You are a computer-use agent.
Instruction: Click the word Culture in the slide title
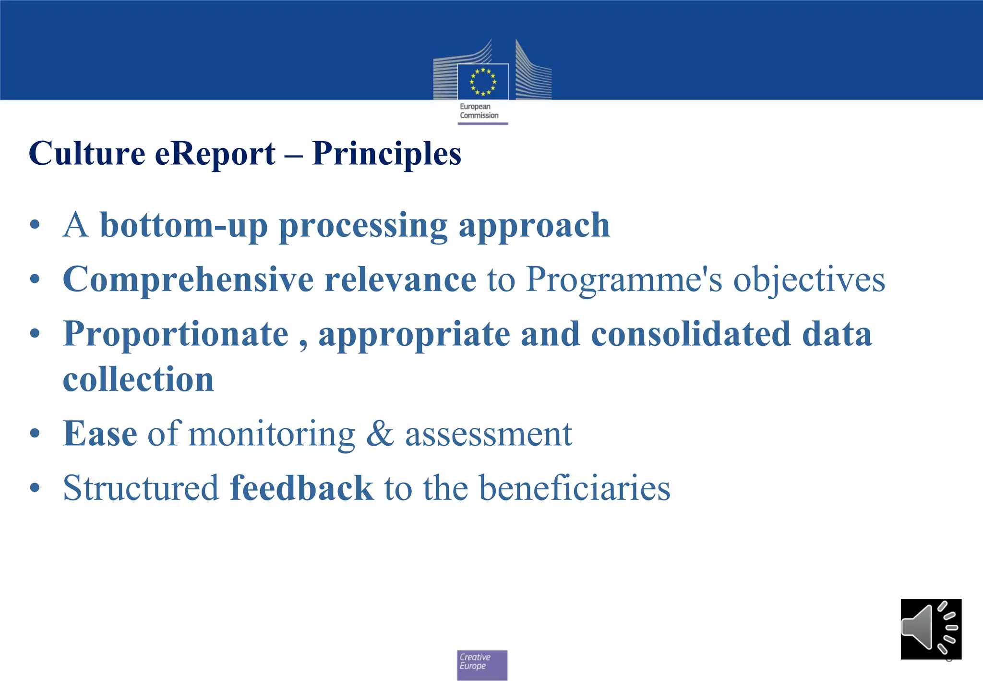point(87,154)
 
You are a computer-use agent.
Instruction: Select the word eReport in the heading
point(215,154)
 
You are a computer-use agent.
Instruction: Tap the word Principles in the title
point(386,154)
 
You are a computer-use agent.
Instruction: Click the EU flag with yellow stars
point(482,82)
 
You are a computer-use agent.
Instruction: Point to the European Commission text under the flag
point(479,111)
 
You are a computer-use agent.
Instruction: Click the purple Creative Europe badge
point(482,665)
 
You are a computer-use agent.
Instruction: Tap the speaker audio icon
point(931,629)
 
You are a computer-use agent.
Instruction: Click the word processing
point(363,225)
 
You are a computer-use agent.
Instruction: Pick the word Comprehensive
point(188,280)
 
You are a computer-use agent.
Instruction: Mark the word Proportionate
point(176,334)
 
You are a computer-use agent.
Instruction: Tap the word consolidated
point(690,334)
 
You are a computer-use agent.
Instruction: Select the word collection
point(138,379)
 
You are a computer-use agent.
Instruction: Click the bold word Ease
point(100,434)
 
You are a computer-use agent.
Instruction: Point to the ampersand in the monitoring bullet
point(380,434)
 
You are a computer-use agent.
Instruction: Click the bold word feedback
point(301,488)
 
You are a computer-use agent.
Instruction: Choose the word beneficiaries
point(575,488)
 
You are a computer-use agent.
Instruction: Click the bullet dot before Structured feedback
point(35,488)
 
